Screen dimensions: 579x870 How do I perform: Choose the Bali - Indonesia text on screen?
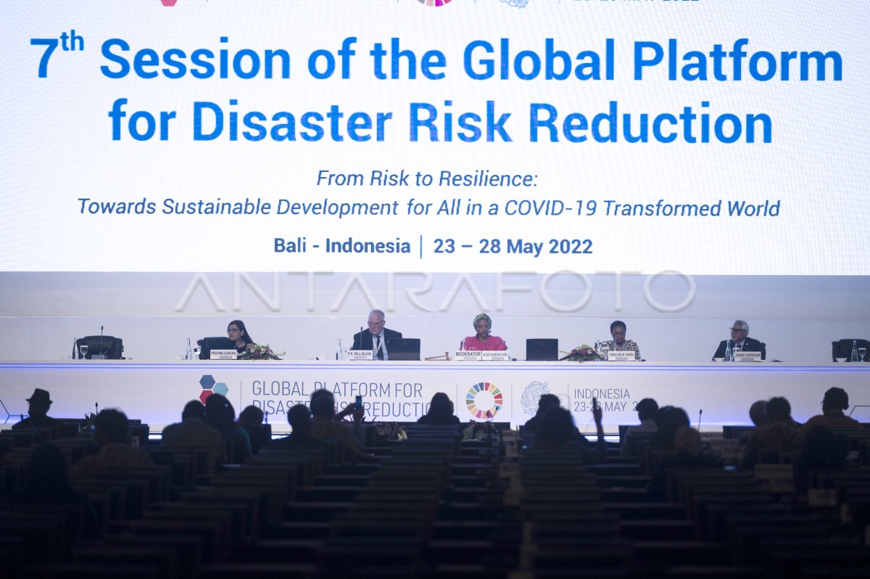tap(341, 246)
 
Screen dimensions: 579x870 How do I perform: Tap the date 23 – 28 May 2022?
tap(513, 247)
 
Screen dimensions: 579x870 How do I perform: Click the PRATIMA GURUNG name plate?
tap(223, 354)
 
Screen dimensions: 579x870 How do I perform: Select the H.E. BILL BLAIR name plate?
tap(360, 354)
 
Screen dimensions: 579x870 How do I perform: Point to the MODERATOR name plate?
tap(468, 354)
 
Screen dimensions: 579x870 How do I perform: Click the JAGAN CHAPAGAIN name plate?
tap(747, 356)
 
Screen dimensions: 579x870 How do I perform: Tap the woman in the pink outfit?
tap(483, 336)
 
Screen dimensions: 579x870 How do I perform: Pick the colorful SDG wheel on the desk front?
tap(484, 401)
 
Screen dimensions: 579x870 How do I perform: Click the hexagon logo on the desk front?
tap(212, 388)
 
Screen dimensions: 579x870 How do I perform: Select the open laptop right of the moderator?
tap(542, 350)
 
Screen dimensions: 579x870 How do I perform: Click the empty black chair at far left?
tap(100, 347)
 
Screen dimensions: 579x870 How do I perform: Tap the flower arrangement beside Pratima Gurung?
tap(260, 352)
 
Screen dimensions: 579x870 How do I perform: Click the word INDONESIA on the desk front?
tap(602, 394)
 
